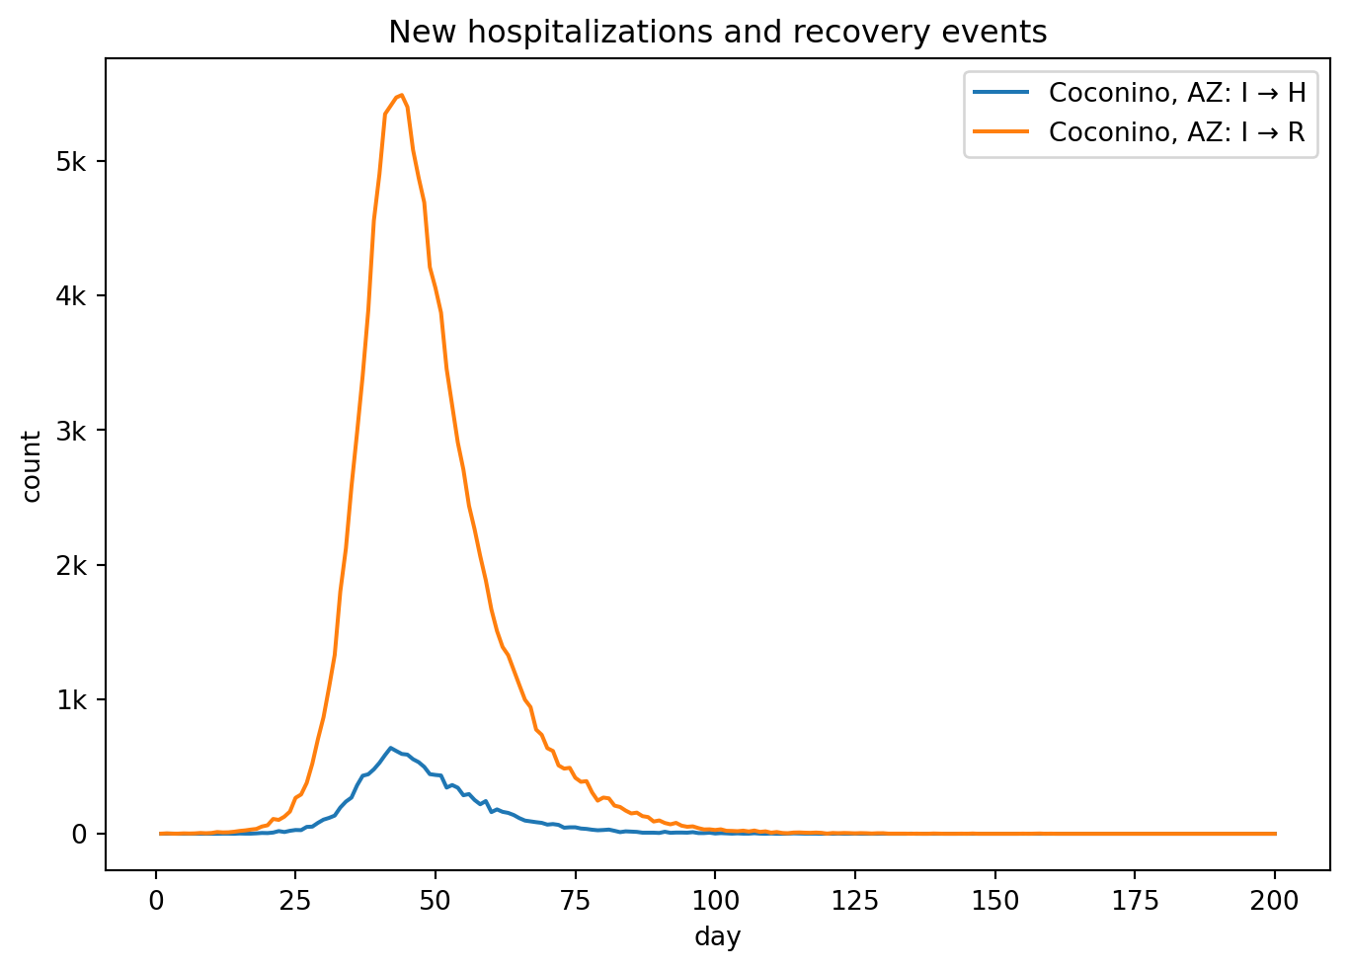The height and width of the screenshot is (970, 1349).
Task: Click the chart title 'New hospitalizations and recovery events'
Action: coord(717,33)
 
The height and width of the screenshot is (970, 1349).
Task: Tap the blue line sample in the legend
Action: coord(1001,93)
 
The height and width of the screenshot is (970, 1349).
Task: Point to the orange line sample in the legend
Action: coord(1001,132)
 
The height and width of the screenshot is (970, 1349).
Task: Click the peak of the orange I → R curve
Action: coord(401,95)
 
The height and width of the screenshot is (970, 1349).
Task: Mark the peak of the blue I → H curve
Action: coord(390,748)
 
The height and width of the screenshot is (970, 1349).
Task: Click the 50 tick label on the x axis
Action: coord(436,900)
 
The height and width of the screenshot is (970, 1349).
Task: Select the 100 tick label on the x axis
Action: coord(715,900)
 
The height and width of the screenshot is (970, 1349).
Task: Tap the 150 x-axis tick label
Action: coord(994,900)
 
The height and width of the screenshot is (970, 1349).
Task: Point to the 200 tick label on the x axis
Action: coord(1274,900)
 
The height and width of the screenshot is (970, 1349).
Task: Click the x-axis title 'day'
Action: coord(717,936)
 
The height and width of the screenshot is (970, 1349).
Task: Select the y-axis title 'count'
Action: coord(32,465)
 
